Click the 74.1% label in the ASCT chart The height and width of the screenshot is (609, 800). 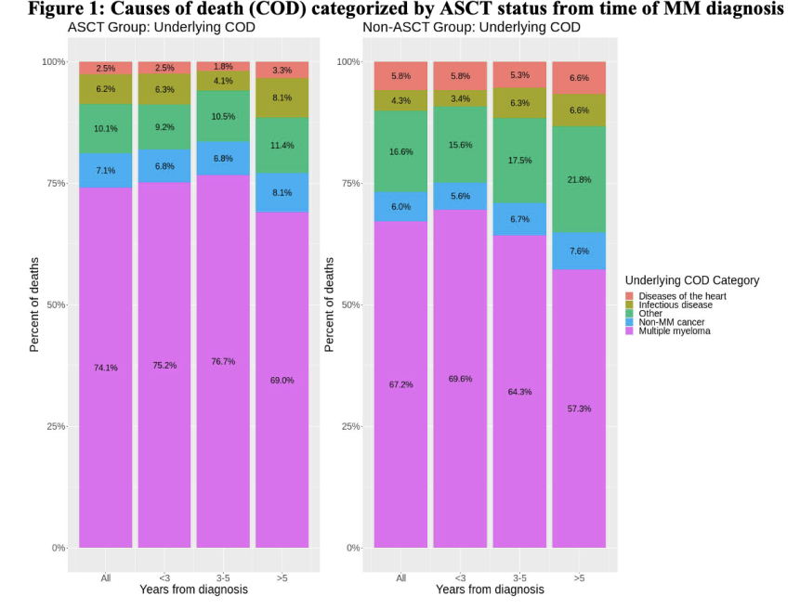[x=105, y=368]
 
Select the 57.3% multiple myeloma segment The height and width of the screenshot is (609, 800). [x=578, y=408]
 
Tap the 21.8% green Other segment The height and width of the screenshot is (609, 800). [x=578, y=179]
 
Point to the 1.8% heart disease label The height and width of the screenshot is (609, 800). [x=223, y=67]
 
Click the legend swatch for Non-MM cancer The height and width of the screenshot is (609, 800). [x=630, y=321]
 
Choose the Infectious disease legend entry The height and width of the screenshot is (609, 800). [x=675, y=304]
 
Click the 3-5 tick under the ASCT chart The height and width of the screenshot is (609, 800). [x=223, y=577]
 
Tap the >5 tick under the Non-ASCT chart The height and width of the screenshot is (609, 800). [x=578, y=577]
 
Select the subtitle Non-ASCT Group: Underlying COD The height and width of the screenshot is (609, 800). [x=471, y=28]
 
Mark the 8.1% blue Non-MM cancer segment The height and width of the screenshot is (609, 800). [x=282, y=192]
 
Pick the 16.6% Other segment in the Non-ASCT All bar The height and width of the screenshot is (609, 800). [x=400, y=151]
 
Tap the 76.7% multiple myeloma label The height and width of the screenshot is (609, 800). [x=223, y=361]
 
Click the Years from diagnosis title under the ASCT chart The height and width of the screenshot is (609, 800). [x=193, y=590]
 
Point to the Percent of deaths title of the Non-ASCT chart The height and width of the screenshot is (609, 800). [x=329, y=304]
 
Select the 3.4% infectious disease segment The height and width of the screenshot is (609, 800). [x=460, y=97]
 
